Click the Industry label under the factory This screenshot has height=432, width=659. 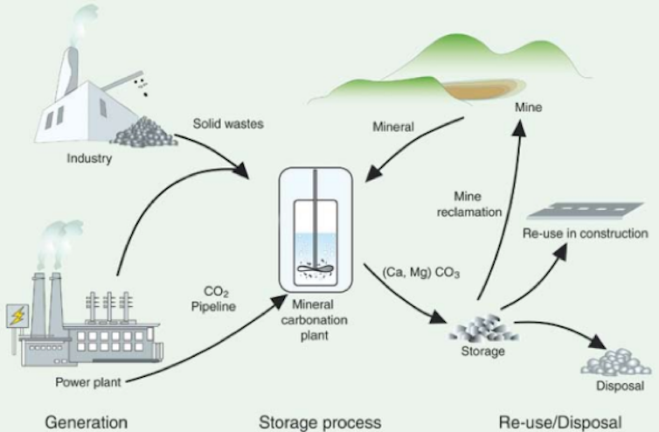[89, 158]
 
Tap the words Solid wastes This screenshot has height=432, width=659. [228, 123]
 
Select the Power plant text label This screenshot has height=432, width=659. [88, 382]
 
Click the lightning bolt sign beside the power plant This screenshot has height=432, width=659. [17, 316]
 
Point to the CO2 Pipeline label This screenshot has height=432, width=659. [213, 299]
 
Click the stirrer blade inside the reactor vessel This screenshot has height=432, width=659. [316, 268]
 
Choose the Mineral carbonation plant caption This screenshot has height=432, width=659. [315, 320]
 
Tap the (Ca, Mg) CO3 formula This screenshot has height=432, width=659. [421, 273]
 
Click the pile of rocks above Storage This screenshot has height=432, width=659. [483, 328]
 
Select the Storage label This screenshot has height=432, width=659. [483, 351]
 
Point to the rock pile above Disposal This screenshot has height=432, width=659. [615, 362]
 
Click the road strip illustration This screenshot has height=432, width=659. [585, 211]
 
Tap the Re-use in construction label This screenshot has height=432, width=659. [585, 233]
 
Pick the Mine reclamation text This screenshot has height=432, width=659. [469, 204]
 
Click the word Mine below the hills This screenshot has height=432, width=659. [528, 108]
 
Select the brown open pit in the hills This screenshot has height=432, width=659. [479, 89]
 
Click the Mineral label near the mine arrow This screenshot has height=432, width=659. [393, 127]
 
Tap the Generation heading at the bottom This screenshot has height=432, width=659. [87, 422]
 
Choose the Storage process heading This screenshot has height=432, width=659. [320, 422]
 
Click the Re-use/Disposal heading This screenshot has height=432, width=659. [560, 422]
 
